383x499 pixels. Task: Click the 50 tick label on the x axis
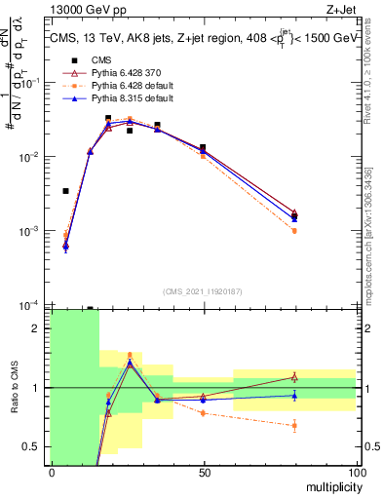(204, 471)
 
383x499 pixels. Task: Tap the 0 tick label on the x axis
(52, 471)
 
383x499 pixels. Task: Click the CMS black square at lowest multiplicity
(65, 191)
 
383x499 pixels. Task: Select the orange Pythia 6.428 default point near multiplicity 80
(294, 231)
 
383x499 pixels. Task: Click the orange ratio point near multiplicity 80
(294, 425)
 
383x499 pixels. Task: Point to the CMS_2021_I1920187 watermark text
(203, 291)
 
